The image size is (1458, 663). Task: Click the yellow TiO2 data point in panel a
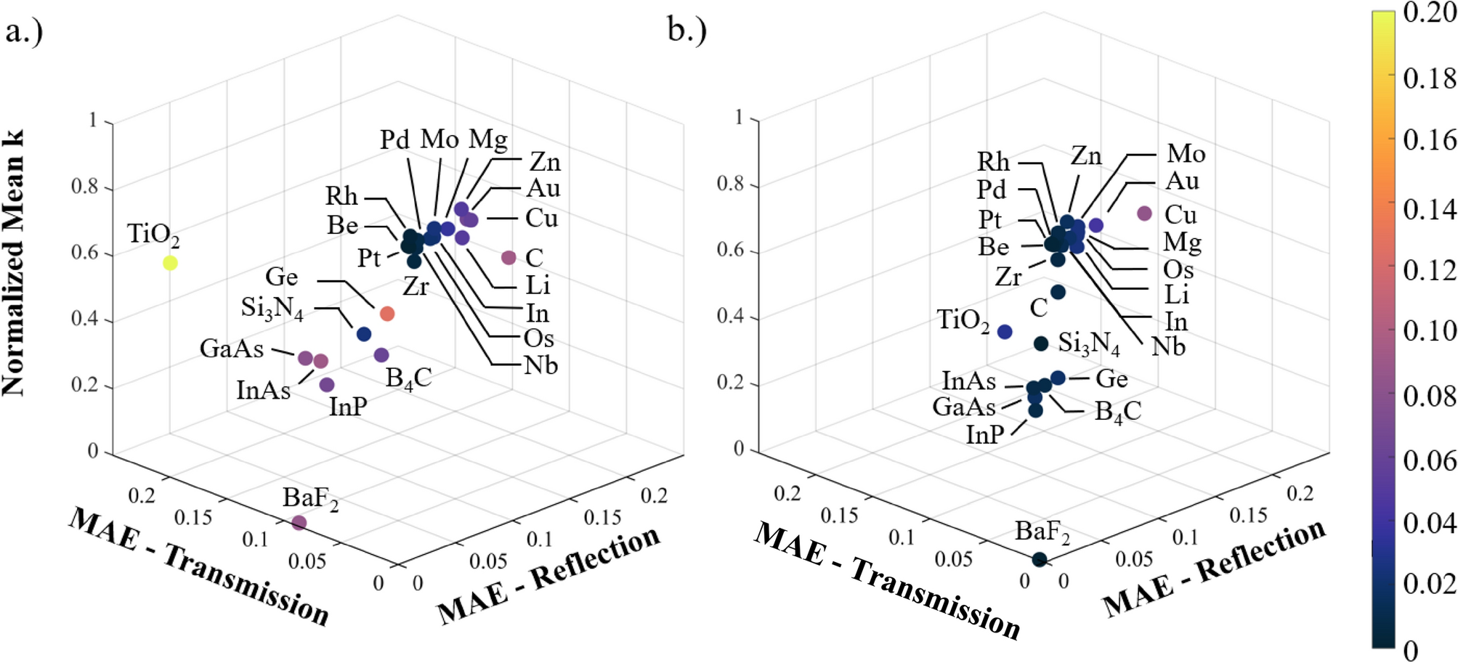(x=170, y=263)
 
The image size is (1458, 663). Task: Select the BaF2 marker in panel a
(x=299, y=522)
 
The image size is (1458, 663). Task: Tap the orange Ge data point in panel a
(x=387, y=313)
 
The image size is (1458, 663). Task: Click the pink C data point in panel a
(x=509, y=257)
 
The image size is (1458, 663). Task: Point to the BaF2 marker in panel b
(x=1039, y=559)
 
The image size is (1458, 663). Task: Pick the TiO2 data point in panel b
(x=1005, y=332)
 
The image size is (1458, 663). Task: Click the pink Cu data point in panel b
(x=1144, y=213)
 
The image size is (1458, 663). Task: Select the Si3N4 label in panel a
(x=272, y=308)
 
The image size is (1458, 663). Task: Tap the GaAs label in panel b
(x=963, y=407)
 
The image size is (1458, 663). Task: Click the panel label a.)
(x=24, y=32)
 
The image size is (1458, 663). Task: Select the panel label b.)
(x=687, y=30)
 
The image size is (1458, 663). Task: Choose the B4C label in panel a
(x=408, y=378)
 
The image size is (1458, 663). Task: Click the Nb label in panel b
(x=1168, y=346)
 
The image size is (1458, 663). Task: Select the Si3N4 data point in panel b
(x=1041, y=343)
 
